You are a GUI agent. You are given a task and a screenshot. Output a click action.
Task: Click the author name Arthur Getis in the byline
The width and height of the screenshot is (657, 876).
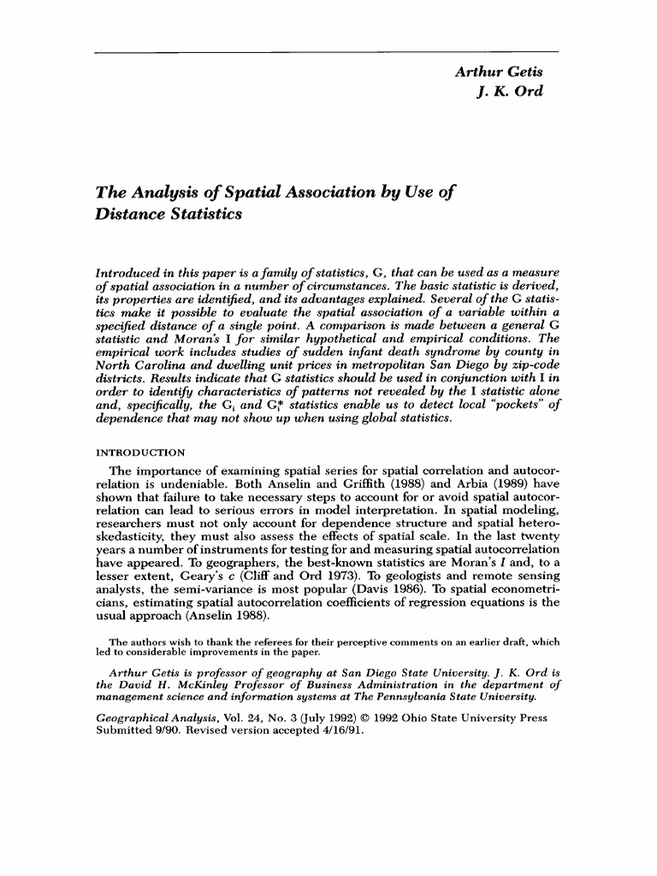(x=500, y=72)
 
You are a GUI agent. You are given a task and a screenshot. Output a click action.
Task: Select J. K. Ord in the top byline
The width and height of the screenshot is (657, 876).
(x=510, y=91)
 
